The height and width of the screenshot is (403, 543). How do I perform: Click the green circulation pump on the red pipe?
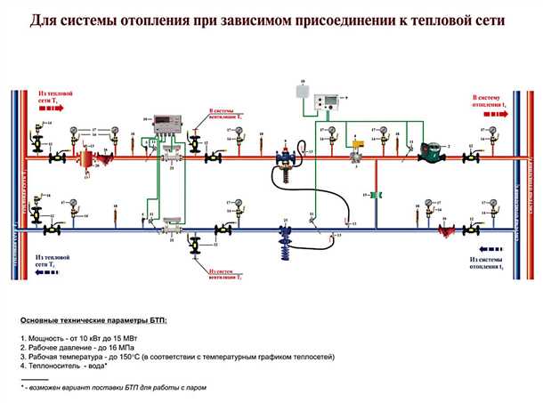click(x=433, y=153)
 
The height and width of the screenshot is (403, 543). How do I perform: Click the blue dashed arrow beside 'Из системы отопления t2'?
click(x=490, y=249)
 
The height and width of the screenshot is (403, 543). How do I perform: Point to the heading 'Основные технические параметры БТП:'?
click(x=93, y=319)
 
